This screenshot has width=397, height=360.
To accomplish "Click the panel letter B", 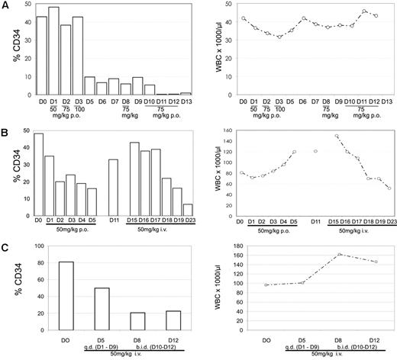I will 5,127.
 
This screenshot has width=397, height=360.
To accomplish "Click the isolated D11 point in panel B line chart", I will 315,151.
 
